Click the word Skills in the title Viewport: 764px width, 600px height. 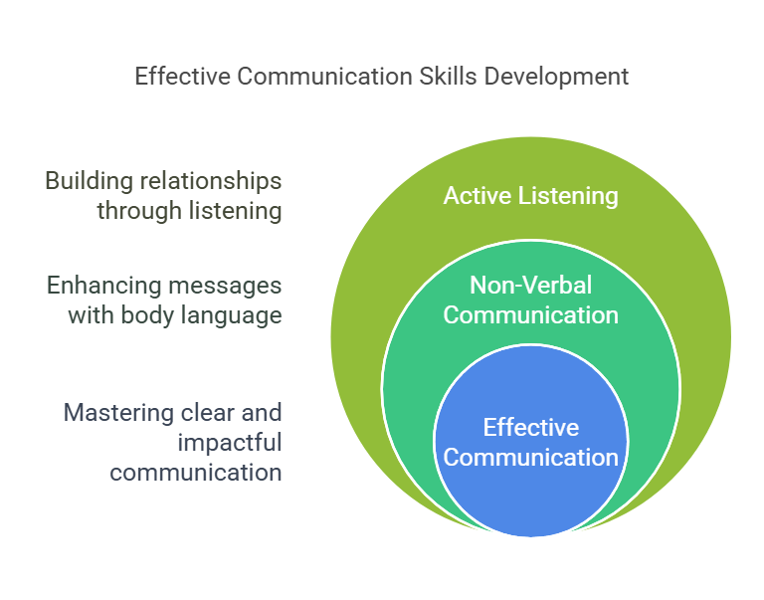click(449, 77)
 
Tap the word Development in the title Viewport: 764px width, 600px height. click(556, 77)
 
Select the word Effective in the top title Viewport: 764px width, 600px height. click(183, 77)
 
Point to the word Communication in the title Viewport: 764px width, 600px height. click(325, 77)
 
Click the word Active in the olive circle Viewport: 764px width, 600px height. click(477, 196)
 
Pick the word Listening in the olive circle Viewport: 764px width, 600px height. click(568, 197)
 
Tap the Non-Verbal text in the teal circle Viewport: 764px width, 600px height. click(530, 286)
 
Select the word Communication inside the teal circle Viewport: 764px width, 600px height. click(530, 314)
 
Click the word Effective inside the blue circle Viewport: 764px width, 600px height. click(531, 428)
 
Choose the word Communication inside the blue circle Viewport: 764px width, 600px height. click(530, 457)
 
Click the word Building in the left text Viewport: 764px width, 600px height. click(90, 182)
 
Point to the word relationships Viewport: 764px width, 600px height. click(211, 182)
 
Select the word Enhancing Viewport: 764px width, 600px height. click(103, 287)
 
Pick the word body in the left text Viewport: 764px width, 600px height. click(147, 315)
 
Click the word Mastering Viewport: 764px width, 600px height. click(118, 414)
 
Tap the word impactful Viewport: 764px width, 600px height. click(230, 444)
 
